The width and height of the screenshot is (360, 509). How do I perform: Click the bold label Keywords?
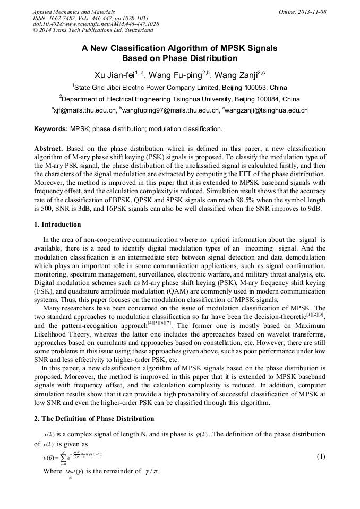pyautogui.click(x=51, y=129)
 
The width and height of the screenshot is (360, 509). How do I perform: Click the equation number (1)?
pyautogui.click(x=321, y=456)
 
